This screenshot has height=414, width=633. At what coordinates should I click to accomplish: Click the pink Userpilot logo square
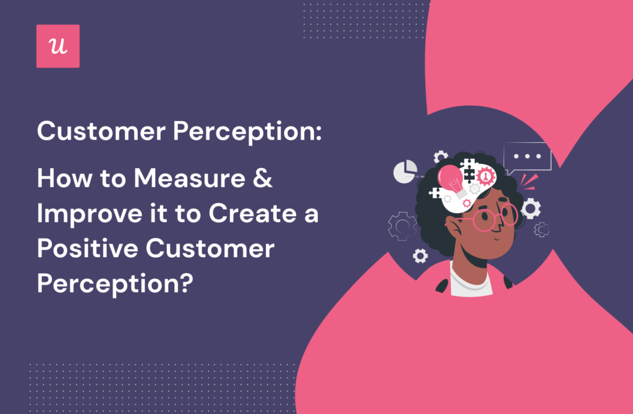(x=58, y=46)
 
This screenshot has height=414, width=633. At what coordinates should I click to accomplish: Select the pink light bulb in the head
(x=449, y=179)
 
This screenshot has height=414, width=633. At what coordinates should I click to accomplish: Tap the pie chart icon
(x=405, y=172)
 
